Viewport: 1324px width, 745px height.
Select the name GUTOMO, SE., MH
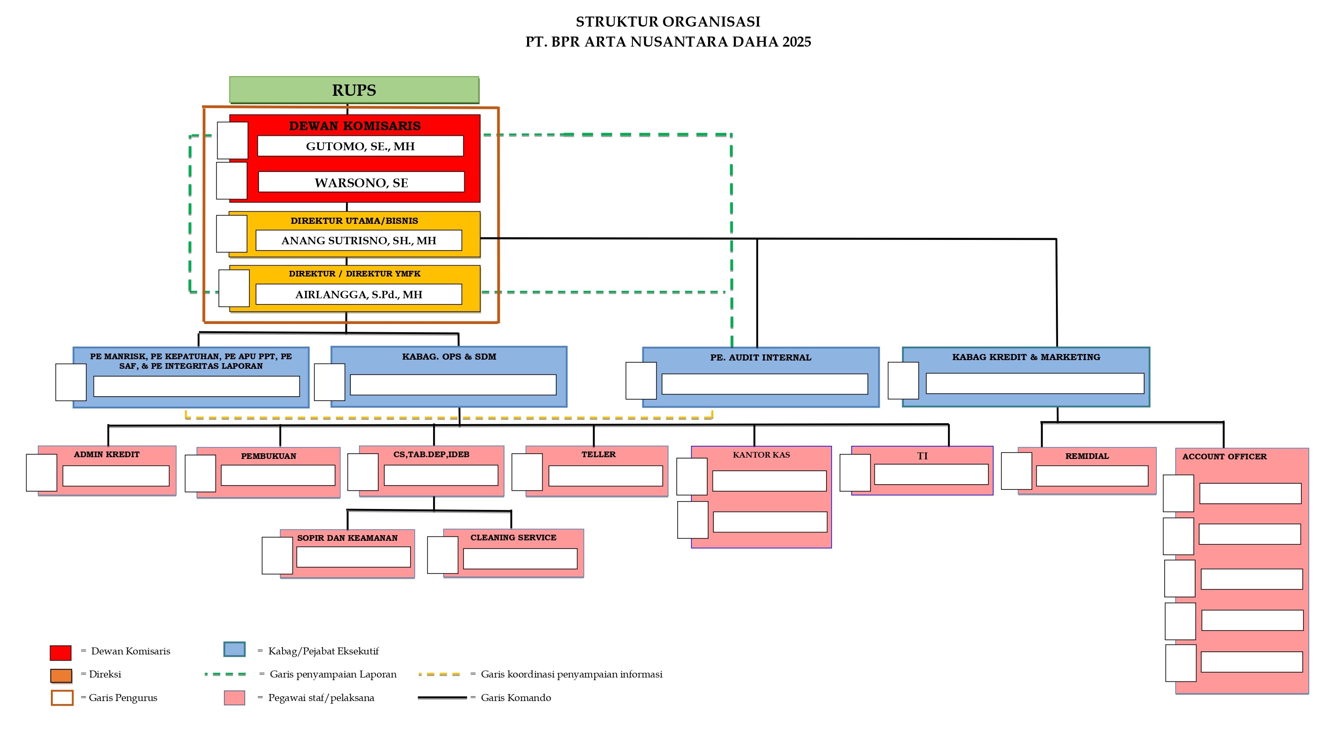360,146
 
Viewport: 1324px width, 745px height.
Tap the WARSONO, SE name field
361,182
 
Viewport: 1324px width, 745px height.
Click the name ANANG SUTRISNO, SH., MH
358,240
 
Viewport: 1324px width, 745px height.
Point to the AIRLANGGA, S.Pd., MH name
358,294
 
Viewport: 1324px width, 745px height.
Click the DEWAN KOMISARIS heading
355,126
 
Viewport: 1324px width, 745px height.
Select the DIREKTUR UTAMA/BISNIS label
354,221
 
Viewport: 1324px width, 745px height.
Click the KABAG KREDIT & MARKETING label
1026,357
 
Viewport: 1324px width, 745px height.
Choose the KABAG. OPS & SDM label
449,356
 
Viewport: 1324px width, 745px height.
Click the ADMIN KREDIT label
106,454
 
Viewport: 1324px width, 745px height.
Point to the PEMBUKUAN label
268,455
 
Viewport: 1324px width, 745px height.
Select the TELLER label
598,454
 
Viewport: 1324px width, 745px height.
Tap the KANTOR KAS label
761,455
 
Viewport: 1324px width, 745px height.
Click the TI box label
922,455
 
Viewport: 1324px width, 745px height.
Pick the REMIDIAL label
1086,455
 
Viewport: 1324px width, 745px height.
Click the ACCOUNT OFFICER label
1224,456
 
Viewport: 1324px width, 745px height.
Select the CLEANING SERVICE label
513,537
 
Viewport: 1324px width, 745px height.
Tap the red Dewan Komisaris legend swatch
60,652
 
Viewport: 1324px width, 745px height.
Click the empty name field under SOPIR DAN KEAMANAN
353,557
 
